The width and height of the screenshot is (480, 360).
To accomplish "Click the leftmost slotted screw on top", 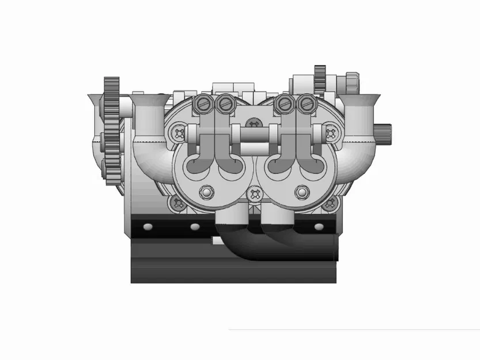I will (x=201, y=104).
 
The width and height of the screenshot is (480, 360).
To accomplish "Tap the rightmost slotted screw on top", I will (x=306, y=104).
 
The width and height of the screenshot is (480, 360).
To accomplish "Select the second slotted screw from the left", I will (x=224, y=104).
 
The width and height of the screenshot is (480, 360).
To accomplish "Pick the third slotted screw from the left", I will (x=282, y=104).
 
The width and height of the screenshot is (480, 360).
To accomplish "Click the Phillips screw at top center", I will (x=252, y=122).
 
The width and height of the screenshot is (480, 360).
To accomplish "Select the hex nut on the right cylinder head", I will (x=301, y=192).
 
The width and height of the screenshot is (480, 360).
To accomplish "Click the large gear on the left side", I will (x=111, y=132).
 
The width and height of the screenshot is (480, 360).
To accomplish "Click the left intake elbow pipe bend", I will (x=148, y=153).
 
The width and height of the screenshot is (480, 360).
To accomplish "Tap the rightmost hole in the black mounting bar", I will (x=320, y=226).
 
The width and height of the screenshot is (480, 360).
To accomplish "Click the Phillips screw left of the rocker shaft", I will (x=177, y=132).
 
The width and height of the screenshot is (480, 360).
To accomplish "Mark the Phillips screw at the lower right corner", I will (x=330, y=203).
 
